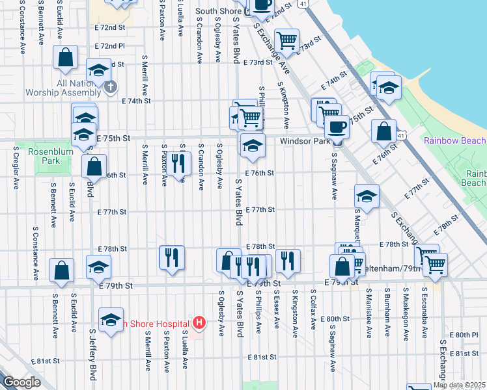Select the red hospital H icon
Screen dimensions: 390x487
199,322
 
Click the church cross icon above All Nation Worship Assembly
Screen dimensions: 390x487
111,86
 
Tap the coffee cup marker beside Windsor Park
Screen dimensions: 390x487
337,126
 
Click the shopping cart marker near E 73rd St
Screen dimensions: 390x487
286,41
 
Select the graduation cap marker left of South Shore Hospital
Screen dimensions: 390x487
111,320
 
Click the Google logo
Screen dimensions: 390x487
21,382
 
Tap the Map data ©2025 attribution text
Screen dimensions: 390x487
460,385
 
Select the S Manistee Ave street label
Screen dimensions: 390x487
369,313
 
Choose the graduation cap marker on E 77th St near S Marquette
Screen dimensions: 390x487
367,197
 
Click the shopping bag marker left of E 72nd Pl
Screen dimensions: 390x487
66,57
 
